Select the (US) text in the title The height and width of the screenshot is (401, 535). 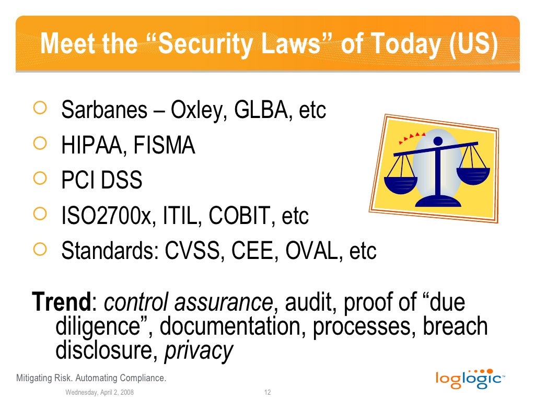472,44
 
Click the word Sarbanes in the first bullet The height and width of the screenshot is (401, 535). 104,110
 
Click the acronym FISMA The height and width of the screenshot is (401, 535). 164,146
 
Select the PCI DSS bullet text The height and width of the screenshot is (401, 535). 102,181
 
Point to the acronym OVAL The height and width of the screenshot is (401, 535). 311,251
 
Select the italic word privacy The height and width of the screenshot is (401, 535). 199,351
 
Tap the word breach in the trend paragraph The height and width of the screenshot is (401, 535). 455,327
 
